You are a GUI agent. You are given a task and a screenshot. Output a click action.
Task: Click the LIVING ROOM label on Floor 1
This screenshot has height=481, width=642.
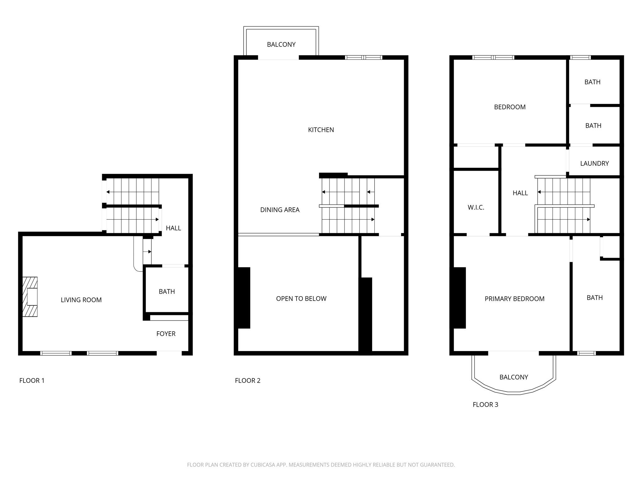point(81,300)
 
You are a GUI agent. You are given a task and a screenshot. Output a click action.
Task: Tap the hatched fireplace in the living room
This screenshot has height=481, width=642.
point(30,297)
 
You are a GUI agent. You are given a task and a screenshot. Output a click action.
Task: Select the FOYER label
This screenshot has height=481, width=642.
point(166,334)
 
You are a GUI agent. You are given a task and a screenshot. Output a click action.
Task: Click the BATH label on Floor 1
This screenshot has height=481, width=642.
point(167,292)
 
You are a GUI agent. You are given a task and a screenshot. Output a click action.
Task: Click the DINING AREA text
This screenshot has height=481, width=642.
point(280,210)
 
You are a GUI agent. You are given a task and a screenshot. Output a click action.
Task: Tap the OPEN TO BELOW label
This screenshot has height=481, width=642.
point(301,299)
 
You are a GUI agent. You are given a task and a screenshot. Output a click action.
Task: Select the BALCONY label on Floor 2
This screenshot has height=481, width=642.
point(281,44)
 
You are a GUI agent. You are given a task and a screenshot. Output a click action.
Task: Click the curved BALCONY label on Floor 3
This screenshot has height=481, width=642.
point(513,377)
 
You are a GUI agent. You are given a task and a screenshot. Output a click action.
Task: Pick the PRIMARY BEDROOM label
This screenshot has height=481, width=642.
point(514,299)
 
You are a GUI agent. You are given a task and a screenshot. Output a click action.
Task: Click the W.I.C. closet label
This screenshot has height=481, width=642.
point(476,207)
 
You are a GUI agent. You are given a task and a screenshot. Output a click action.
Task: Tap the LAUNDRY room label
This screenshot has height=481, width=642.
point(594,163)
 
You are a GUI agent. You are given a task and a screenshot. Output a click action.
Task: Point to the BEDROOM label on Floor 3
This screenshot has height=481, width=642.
point(510,107)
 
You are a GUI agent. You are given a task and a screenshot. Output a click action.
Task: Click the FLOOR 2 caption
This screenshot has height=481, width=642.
point(248,380)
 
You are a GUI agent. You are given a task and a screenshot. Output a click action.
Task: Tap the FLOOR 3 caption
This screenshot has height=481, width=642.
point(485,405)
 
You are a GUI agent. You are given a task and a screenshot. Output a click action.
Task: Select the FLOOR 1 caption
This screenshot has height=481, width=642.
point(32,380)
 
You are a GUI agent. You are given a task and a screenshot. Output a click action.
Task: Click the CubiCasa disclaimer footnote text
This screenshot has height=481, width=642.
point(321,465)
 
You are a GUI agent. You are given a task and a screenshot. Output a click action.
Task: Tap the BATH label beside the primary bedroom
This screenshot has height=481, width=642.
point(594,298)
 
